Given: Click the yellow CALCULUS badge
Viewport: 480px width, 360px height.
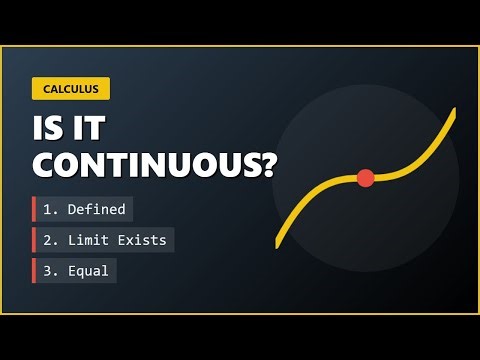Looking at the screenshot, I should [x=70, y=89].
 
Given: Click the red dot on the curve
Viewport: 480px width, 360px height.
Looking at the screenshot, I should [x=365, y=178].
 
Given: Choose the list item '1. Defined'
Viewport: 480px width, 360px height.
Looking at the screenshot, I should [x=83, y=209].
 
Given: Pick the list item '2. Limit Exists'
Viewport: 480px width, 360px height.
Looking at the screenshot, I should [x=104, y=240].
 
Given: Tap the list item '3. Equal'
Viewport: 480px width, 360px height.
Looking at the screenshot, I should [x=75, y=271].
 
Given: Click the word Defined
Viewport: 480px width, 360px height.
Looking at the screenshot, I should [x=97, y=209].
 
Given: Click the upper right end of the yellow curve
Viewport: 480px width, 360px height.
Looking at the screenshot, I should [x=454, y=111].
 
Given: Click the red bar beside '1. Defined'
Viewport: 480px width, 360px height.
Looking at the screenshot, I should [x=34, y=209].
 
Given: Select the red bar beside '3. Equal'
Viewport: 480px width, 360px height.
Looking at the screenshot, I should [x=34, y=271].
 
